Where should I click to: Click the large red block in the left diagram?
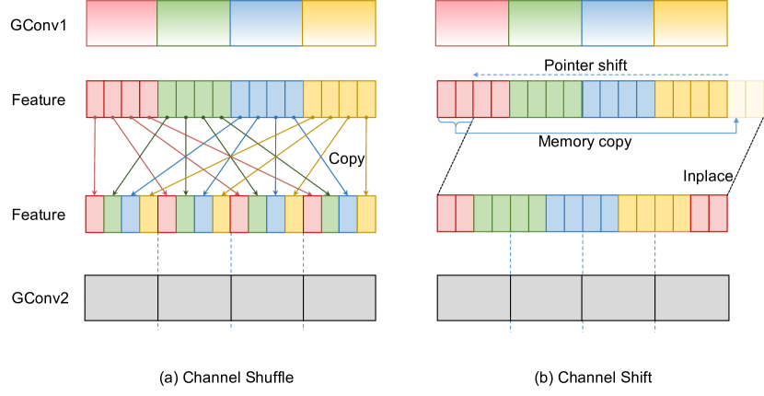[122, 23]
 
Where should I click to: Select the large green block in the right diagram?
[545, 23]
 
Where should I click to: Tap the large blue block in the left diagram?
[266, 23]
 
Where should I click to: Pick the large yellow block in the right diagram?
[690, 23]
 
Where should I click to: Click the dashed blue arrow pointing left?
[598, 76]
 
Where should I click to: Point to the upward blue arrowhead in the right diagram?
[736, 122]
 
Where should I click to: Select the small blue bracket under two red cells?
[455, 122]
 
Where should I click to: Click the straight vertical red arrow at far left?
[95, 157]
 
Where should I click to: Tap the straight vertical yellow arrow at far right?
[366, 157]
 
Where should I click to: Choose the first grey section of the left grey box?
[122, 297]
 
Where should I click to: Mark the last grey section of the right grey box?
[691, 297]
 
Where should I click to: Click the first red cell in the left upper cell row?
[95, 99]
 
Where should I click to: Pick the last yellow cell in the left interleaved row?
[366, 214]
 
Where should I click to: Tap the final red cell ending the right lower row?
[718, 214]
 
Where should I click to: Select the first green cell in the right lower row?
[482, 214]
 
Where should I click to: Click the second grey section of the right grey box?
[546, 297]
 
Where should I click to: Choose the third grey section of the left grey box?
[267, 297]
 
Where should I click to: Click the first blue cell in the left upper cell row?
[239, 99]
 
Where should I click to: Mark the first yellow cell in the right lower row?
[628, 214]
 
